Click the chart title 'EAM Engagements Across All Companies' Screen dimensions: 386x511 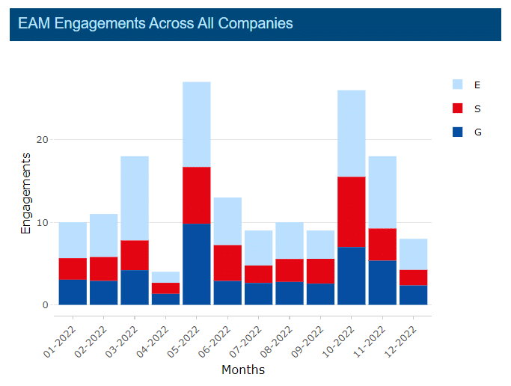pos(156,24)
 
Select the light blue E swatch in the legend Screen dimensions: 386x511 pos(458,85)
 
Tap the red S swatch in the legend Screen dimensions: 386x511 pos(458,108)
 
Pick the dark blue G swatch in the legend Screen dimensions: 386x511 pos(458,132)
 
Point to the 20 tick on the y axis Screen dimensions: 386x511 pos(42,140)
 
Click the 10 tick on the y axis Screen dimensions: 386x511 pos(42,223)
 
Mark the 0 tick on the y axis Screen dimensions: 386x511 pos(45,305)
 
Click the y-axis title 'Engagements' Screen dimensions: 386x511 pos(26,194)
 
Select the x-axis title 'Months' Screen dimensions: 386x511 pos(243,370)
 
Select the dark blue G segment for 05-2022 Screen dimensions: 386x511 pos(197,264)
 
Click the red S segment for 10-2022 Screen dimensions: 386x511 pos(352,212)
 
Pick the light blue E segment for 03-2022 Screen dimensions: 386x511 pos(135,198)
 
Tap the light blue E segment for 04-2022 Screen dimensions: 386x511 pos(165,278)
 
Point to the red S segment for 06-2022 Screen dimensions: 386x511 pos(227,263)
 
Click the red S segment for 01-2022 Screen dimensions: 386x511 pos(73,269)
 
